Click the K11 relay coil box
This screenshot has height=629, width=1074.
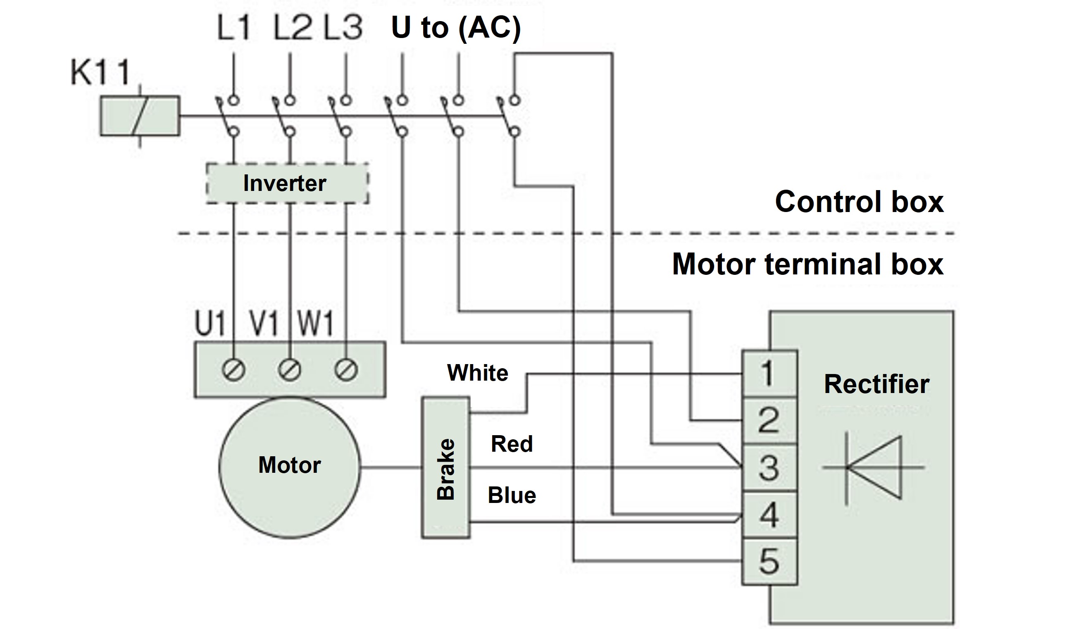coord(140,115)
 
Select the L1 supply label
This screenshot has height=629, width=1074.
coord(233,28)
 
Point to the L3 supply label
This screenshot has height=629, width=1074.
coord(343,28)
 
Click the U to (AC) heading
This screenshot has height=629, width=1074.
coord(456,28)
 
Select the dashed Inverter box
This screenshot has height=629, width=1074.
coord(287,183)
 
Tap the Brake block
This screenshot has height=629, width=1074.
coord(446,468)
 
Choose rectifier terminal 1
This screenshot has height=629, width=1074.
coord(769,373)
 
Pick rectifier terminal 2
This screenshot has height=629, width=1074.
coord(769,420)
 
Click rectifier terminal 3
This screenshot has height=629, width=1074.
coord(769,467)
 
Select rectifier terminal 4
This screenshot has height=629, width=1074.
coord(769,515)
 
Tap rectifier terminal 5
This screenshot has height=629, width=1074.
coord(769,562)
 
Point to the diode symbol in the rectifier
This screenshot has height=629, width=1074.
coord(874,467)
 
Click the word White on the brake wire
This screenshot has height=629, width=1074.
coord(477,373)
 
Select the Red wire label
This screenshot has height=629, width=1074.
coord(512,444)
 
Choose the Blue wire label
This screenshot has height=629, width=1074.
coord(512,495)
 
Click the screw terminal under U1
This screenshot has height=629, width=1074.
coord(233,370)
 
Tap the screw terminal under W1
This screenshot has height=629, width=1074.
coord(345,370)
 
